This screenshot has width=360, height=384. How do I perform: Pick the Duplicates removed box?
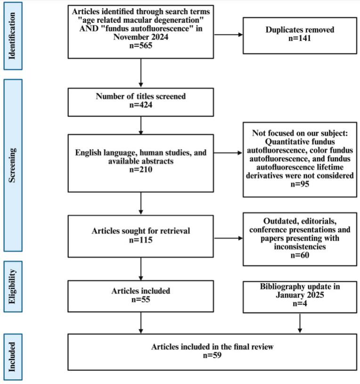click(x=299, y=35)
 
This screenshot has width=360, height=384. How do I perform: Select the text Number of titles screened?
click(x=141, y=97)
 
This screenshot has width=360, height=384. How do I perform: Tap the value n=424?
click(x=141, y=106)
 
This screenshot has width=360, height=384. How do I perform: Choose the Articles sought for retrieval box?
click(x=141, y=235)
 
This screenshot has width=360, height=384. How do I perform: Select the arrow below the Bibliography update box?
click(x=299, y=323)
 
